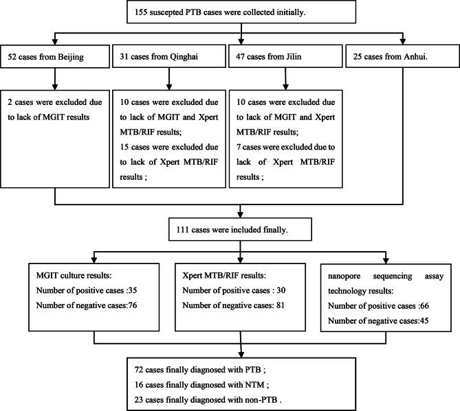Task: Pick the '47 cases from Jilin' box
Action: point(286,54)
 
